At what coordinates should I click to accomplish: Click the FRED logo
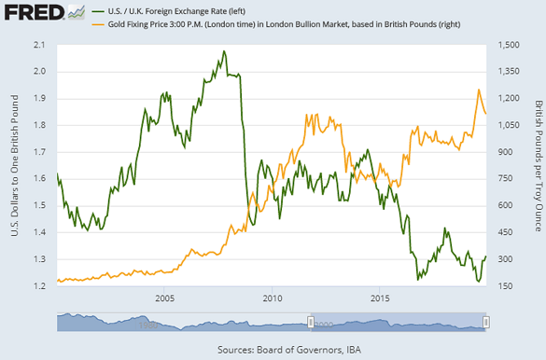coord(34,13)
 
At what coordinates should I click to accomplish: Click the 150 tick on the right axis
coord(503,285)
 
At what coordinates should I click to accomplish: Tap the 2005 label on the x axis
coord(165,298)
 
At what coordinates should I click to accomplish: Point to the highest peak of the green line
coord(224,51)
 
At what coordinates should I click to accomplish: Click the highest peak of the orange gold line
coord(479,90)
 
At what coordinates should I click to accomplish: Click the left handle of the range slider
coord(311,322)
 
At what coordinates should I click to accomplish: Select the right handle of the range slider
coord(484,322)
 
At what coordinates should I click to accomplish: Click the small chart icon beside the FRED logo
coord(78,12)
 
